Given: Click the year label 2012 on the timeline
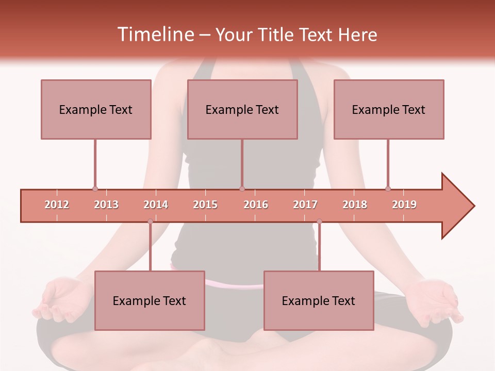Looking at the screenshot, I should pos(57,205).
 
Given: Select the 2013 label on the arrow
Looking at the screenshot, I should pos(106,205).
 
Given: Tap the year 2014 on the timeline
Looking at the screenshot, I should pos(156,205).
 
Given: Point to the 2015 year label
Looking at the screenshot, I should pos(205,205).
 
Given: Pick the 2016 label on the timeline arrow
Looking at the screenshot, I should pos(256,205).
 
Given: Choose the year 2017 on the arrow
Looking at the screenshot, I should pos(305,205).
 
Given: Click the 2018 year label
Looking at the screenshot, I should pos(355,205).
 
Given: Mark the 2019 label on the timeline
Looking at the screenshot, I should pos(404,205).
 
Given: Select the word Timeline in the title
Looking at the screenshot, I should pos(155,35).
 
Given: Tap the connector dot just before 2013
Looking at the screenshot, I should pos(95,189).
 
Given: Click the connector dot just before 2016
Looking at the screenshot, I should pos(242,189).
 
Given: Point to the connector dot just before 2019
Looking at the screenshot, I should pos(388,189).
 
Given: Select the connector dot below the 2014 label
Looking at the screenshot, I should pos(150,222).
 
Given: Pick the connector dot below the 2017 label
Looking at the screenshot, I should pos(319,222).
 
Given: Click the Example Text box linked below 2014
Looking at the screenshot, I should pos(150,300).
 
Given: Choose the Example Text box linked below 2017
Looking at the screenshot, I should pos(319,300).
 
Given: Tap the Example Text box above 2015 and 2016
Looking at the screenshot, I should pos(242,109).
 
